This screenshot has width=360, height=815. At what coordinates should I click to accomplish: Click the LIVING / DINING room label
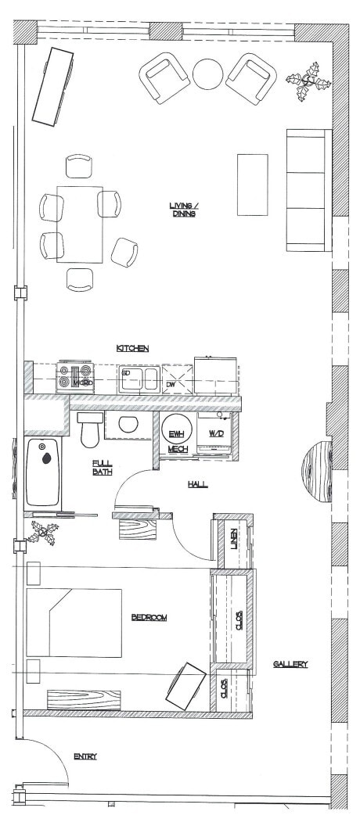185,210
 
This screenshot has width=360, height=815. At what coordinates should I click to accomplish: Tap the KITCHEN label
132,348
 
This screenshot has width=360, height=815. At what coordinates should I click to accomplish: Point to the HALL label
197,485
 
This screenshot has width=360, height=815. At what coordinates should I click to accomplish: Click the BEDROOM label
149,618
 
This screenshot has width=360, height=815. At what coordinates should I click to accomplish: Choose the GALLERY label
290,664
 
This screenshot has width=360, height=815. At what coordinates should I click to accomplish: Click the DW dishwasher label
171,385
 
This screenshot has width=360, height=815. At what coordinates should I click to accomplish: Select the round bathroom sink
127,425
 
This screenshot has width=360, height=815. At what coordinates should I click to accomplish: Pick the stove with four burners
75,377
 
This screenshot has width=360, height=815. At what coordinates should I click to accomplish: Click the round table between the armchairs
208,75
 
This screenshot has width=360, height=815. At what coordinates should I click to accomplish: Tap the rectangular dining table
80,224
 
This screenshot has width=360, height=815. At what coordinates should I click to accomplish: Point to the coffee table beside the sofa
253,185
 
